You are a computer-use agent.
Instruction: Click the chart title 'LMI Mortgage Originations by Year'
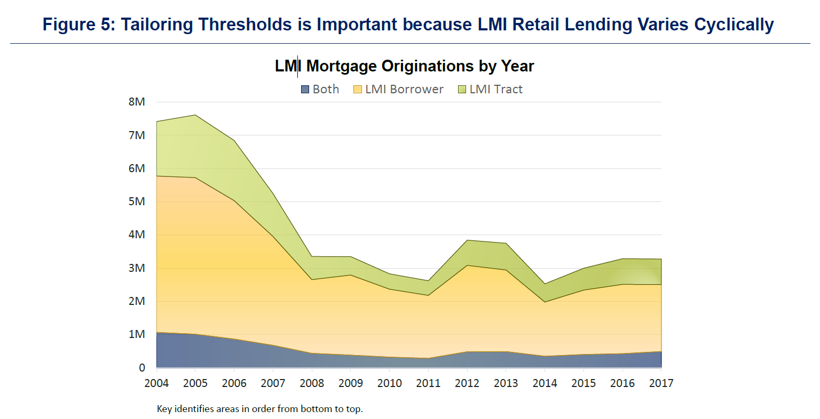click(x=404, y=66)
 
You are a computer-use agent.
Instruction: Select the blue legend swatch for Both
click(x=305, y=90)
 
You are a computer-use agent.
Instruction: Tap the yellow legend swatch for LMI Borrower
click(x=358, y=90)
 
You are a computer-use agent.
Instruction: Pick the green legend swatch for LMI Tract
click(x=462, y=90)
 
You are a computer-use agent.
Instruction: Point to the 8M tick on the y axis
click(x=137, y=102)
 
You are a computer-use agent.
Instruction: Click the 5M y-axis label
click(x=137, y=202)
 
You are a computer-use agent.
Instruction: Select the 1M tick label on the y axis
click(x=137, y=334)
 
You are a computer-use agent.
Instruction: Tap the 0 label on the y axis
click(x=142, y=368)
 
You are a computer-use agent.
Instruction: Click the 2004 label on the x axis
click(x=156, y=383)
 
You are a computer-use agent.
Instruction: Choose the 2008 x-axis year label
click(x=312, y=383)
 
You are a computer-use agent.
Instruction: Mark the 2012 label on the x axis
click(x=467, y=383)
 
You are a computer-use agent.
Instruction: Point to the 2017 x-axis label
click(x=661, y=383)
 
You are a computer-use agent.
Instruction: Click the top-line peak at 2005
click(x=195, y=115)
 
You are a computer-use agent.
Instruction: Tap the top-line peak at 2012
click(x=467, y=240)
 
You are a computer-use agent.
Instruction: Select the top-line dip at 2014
click(x=545, y=284)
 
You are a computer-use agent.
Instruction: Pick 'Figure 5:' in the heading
click(x=78, y=25)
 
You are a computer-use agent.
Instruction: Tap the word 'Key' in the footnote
click(x=164, y=409)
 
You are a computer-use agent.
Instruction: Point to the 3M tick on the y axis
click(x=137, y=268)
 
